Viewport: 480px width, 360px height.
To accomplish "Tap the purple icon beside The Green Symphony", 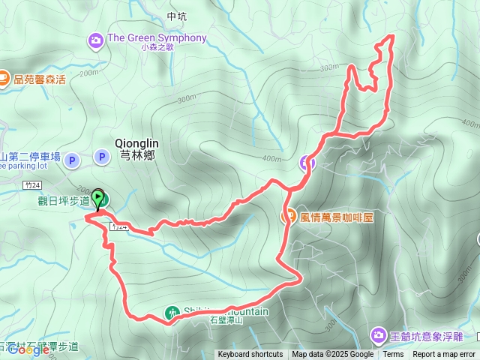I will pos(96,39).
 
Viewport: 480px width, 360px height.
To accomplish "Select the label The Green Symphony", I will pos(157,37).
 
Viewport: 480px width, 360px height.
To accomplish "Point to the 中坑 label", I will pos(176,16).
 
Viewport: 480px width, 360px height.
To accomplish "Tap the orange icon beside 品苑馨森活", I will pos(4,76).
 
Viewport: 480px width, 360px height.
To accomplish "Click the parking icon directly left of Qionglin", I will pos(101,157).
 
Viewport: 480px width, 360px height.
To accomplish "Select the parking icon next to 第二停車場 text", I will pos(71,160).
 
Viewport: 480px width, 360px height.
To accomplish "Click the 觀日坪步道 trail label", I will pos(64,200).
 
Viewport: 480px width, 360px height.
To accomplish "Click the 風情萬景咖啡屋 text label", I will pos(337,217).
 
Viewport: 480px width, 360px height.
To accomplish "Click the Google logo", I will pos(28,349).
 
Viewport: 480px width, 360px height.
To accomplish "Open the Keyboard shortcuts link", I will pos(250,355).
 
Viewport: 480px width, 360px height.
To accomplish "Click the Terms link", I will pos(393,355).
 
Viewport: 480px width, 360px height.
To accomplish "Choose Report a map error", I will pos(444,355).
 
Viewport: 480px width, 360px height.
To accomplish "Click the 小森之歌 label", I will pos(157,47).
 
